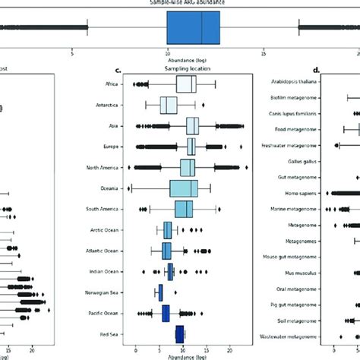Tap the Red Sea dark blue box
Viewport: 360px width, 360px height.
[x=180, y=333]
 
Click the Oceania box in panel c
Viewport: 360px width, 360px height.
[x=184, y=188]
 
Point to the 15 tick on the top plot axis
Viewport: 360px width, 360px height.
[x=263, y=54]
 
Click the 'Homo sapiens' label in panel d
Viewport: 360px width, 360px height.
[x=303, y=194]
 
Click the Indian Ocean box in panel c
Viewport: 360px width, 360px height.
[x=171, y=271]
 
